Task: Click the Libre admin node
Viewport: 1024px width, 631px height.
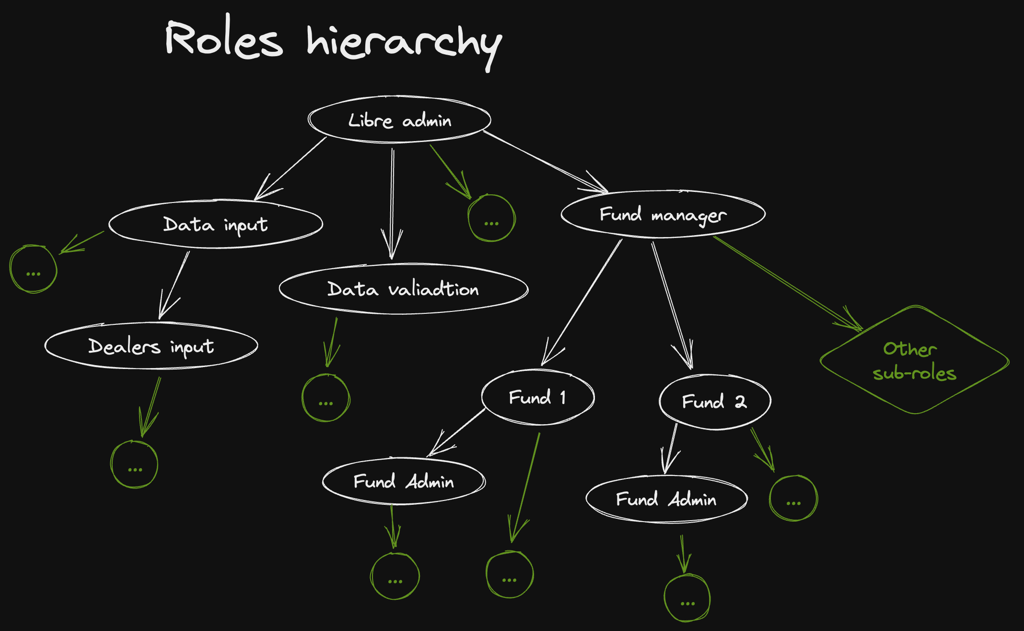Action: point(399,119)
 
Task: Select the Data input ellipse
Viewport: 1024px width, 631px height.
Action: point(216,224)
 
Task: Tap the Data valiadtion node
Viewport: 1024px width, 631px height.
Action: point(403,289)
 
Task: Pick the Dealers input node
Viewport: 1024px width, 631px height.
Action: point(151,346)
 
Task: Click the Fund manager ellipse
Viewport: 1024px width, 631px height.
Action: point(663,214)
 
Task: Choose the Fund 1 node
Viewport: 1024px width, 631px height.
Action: point(537,397)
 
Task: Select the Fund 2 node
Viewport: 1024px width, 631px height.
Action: point(714,401)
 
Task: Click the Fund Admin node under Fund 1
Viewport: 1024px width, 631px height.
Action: point(404,481)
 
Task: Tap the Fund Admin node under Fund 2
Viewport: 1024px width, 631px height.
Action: point(666,499)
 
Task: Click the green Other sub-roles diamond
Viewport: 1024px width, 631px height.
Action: point(914,360)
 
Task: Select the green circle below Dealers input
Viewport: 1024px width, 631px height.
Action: point(134,464)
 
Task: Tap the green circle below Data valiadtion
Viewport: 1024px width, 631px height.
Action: point(326,398)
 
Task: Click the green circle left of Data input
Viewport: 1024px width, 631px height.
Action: point(34,269)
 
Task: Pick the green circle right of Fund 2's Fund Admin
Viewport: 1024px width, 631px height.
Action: point(793,498)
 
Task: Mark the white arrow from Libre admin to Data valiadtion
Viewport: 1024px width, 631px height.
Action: point(392,202)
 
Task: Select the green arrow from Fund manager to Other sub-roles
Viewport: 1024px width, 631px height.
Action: point(786,283)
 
